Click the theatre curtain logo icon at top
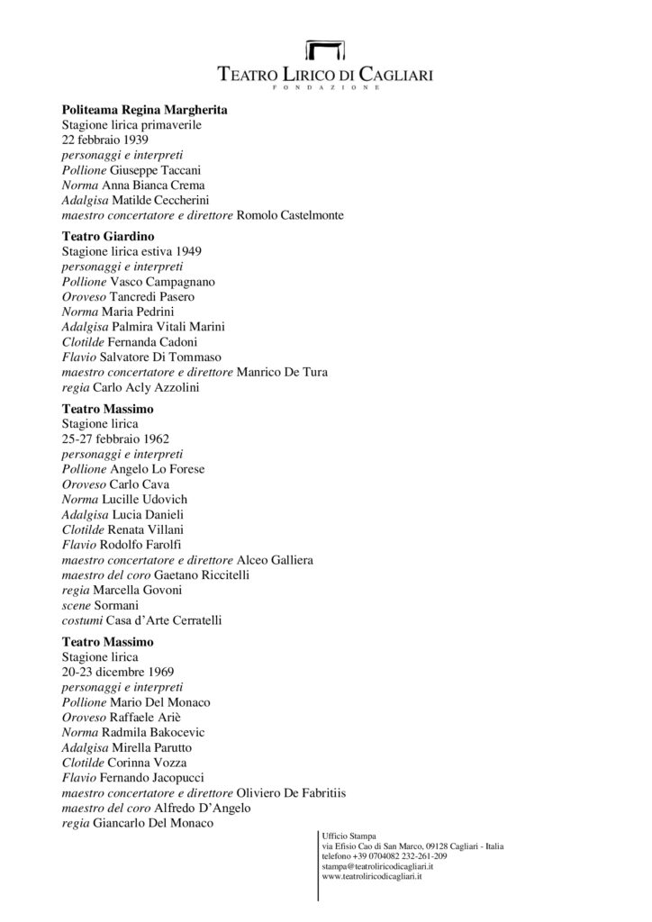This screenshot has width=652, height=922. click(325, 50)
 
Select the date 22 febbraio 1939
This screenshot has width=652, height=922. click(99, 140)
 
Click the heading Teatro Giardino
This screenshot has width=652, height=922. click(105, 236)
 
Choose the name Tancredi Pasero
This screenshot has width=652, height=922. click(149, 296)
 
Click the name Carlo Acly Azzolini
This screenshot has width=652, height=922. click(142, 387)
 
